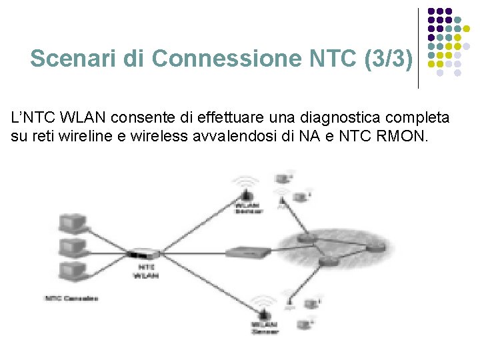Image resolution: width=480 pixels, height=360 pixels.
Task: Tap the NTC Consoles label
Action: (71, 297)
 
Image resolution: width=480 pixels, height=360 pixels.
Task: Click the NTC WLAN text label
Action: (146, 271)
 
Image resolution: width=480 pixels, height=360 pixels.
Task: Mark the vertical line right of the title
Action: (418, 48)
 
